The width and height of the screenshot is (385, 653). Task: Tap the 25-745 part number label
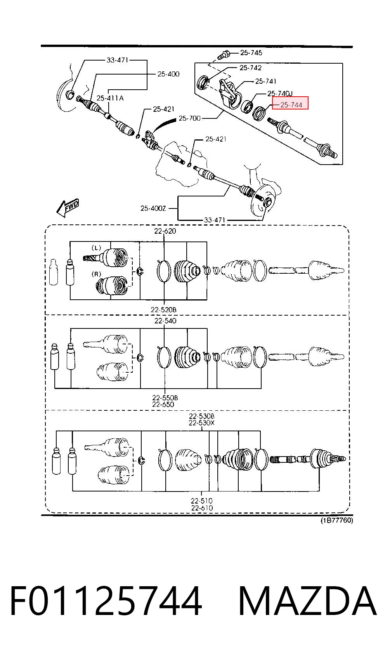pyautogui.click(x=251, y=53)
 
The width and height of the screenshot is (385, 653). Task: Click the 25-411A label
pyautogui.click(x=110, y=98)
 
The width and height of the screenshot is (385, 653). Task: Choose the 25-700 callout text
pyautogui.click(x=189, y=118)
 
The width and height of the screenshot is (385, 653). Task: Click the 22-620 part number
pyautogui.click(x=165, y=231)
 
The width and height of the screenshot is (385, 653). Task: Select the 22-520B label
pyautogui.click(x=163, y=309)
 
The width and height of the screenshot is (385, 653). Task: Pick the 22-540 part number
pyautogui.click(x=165, y=321)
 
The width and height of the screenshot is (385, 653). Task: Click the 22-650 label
pyautogui.click(x=163, y=404)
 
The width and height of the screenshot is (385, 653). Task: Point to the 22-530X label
pyautogui.click(x=202, y=422)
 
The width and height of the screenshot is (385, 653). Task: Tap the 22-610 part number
pyautogui.click(x=202, y=507)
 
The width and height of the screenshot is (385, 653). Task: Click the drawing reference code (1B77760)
pyautogui.click(x=336, y=520)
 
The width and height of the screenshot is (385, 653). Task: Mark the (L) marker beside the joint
pyautogui.click(x=97, y=248)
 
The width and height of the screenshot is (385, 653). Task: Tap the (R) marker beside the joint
pyautogui.click(x=97, y=274)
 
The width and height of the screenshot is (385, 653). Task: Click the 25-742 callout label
pyautogui.click(x=250, y=68)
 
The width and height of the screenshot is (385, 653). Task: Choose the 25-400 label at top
pyautogui.click(x=168, y=74)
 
